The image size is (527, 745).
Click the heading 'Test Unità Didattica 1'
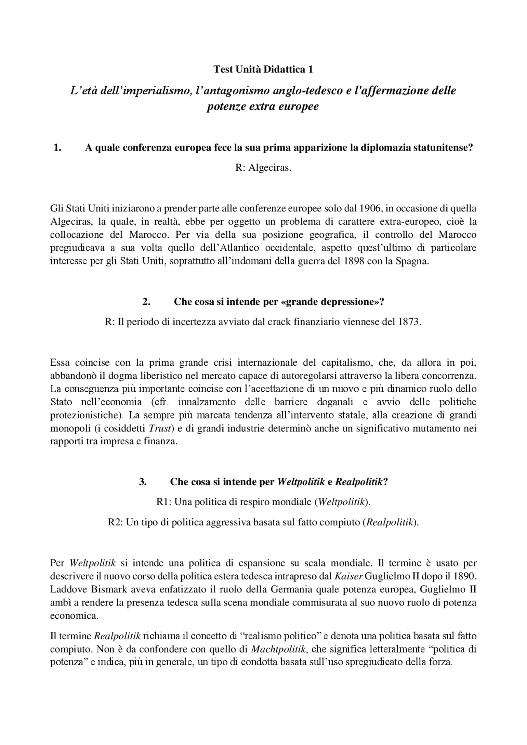click(263, 70)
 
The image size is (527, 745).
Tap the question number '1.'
click(58, 148)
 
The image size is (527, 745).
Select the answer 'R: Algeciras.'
click(263, 168)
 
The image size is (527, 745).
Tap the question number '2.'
click(146, 302)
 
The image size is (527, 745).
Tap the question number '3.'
click(143, 482)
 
